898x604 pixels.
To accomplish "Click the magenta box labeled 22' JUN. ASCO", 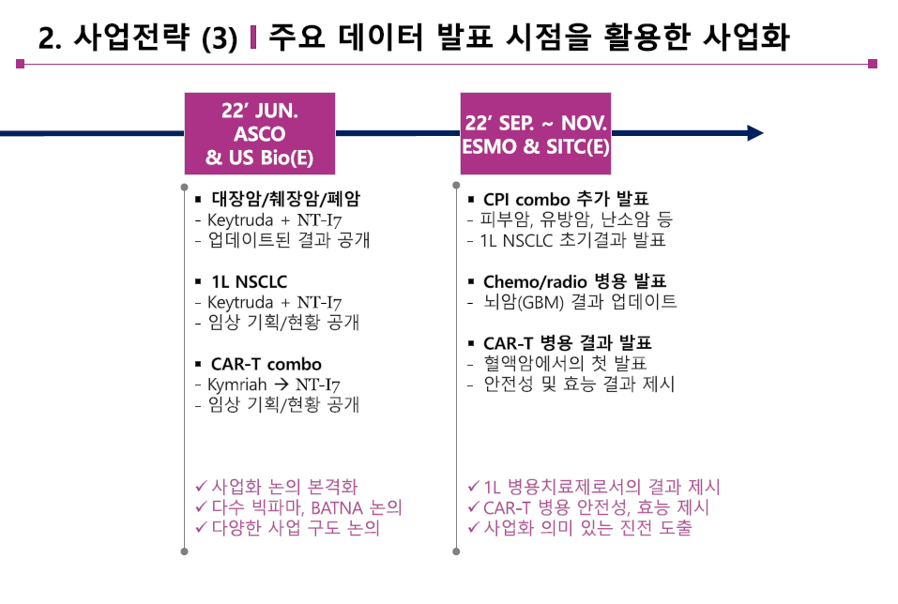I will [260, 133].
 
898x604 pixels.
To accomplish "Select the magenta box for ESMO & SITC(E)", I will [535, 133].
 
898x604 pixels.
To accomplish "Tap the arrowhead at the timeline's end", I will [754, 133].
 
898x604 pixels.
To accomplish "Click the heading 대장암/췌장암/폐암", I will [285, 200].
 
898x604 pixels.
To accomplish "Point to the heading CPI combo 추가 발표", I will [566, 200].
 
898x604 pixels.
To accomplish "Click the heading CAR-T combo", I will [266, 364].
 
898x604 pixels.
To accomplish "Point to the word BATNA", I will [341, 507].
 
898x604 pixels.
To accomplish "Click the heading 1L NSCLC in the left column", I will [249, 281].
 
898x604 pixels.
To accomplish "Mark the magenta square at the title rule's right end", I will [873, 64].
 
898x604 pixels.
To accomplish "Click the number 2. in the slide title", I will [51, 38].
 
